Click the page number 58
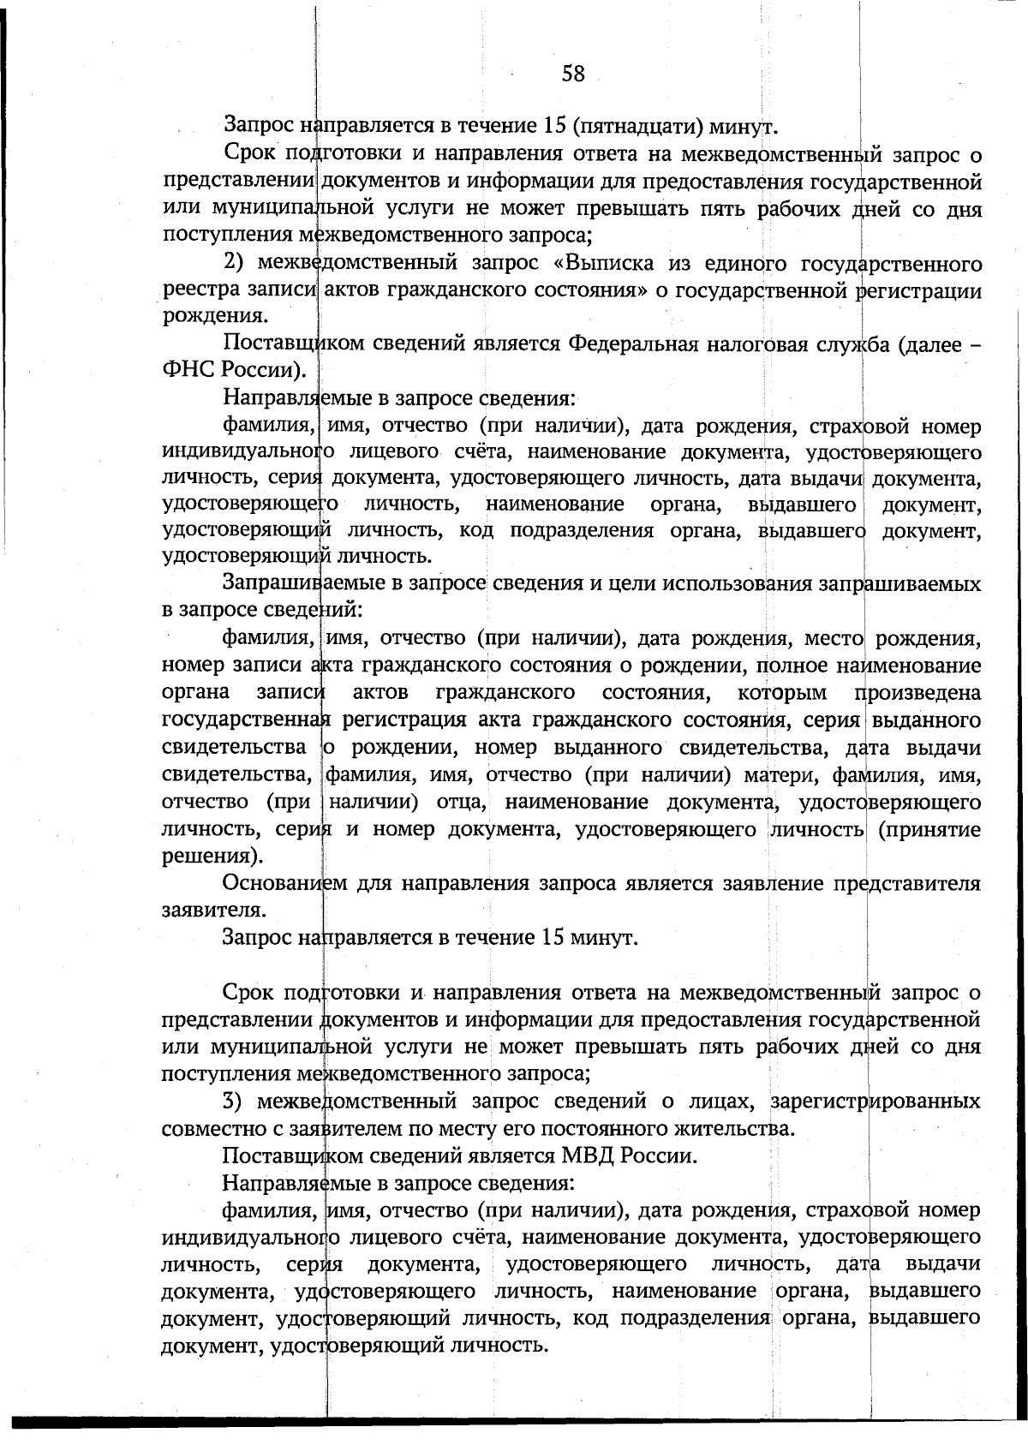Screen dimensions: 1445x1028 pyautogui.click(x=573, y=74)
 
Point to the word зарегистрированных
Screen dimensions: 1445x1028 pyautogui.click(x=875, y=1100)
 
